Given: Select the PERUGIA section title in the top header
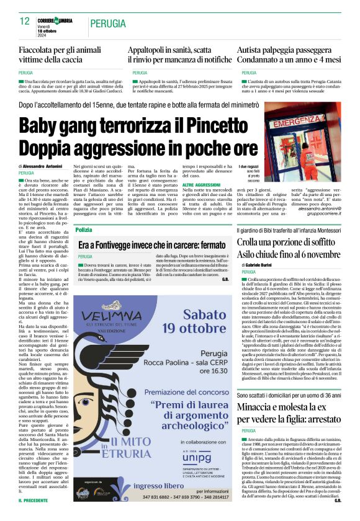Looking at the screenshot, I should tap(110, 23).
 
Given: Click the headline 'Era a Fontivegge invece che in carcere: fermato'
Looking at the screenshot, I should tap(151, 246).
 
